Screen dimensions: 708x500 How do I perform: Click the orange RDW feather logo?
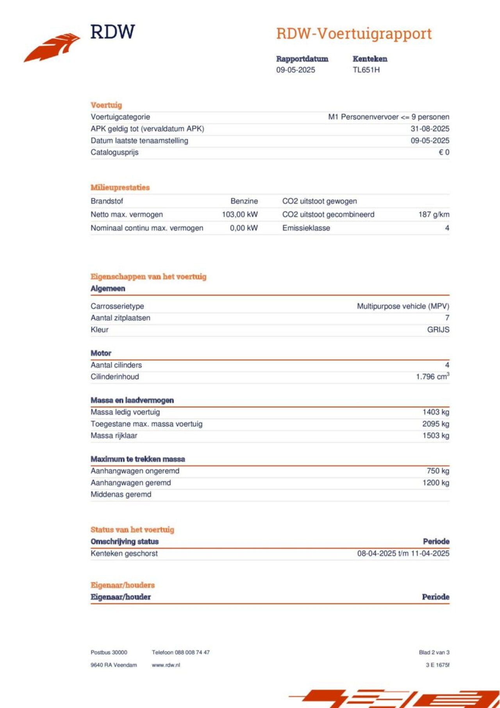tap(53, 47)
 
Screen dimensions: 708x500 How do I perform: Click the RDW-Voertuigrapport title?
tap(354, 34)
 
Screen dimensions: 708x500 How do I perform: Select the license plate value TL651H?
tap(366, 70)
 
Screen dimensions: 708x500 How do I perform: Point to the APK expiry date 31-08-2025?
tap(430, 129)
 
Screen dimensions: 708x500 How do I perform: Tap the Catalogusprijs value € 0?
tap(444, 152)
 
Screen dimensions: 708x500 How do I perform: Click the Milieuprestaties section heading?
tap(120, 188)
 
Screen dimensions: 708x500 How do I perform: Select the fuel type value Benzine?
tap(244, 201)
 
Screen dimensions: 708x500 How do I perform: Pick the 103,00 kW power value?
tap(240, 215)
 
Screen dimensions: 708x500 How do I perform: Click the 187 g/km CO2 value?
tap(434, 215)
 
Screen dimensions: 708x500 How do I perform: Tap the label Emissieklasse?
tap(306, 228)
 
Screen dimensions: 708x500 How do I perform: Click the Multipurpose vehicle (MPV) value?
tap(403, 306)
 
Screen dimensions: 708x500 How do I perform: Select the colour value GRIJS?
tap(438, 330)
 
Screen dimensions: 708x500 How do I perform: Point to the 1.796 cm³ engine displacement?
tap(432, 377)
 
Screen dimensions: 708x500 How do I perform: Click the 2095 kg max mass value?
tap(436, 424)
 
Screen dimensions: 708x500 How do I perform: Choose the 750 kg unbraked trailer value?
tap(438, 471)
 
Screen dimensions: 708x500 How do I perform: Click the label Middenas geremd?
tap(121, 495)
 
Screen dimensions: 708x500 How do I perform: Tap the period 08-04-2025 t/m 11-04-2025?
tap(403, 553)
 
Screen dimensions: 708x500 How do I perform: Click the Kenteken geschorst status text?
tap(124, 553)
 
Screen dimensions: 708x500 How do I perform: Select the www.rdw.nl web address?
tap(166, 665)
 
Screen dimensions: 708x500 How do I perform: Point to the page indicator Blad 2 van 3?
tap(434, 653)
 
